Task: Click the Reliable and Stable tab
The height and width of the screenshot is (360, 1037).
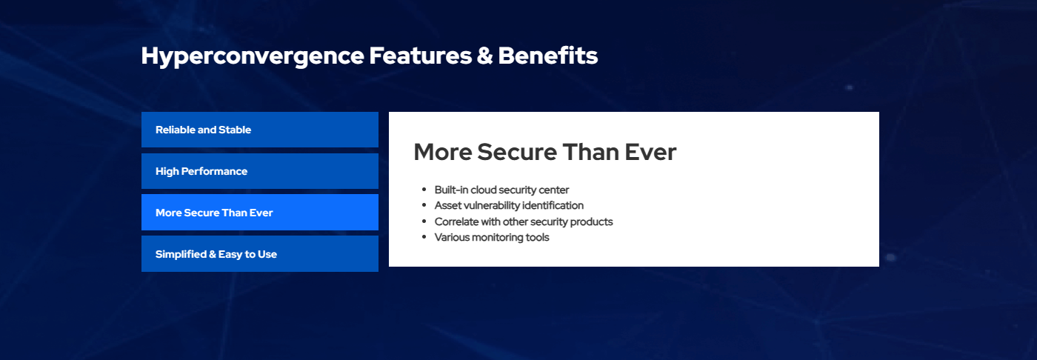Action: (260, 130)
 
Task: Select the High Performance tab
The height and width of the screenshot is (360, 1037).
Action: (260, 171)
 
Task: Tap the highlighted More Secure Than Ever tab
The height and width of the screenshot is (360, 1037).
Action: (260, 213)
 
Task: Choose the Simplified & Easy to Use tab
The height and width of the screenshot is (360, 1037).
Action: (260, 254)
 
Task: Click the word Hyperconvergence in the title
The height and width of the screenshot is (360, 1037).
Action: (253, 57)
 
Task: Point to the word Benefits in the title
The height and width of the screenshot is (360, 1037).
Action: (548, 56)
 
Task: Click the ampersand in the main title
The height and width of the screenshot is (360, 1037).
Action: (484, 56)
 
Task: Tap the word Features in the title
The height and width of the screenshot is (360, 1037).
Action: (421, 56)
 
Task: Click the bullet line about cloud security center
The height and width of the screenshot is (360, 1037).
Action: (501, 190)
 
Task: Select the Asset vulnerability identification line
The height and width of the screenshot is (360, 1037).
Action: (509, 205)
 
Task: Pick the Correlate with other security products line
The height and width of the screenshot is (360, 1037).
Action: (524, 221)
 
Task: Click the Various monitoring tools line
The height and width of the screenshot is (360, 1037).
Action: (492, 237)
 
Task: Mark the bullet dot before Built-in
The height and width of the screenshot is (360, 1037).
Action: (424, 189)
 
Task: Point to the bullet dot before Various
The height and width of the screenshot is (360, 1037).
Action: (424, 237)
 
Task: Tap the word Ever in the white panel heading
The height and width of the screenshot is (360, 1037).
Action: (650, 153)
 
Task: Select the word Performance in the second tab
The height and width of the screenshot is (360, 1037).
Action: (214, 171)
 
